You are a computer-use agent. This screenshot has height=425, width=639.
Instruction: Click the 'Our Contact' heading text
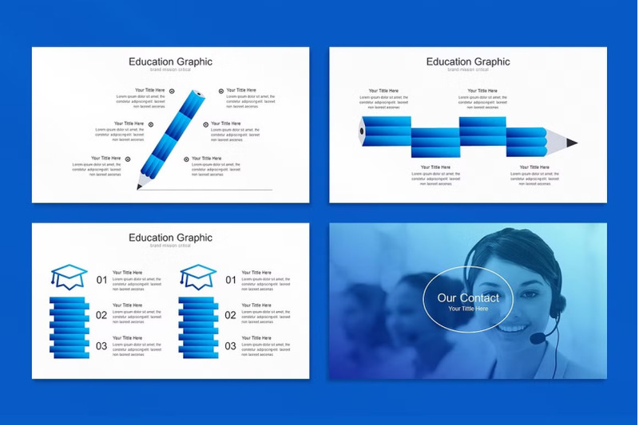(468, 297)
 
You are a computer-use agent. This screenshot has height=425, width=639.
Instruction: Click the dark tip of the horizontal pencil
(572, 143)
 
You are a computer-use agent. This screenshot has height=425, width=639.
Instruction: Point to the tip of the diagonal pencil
(139, 188)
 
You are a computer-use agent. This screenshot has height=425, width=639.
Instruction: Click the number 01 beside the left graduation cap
(101, 280)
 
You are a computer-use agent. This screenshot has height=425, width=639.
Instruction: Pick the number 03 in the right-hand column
(230, 346)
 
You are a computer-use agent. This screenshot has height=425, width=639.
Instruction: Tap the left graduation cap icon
(69, 277)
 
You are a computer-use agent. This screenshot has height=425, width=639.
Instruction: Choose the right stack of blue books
(198, 327)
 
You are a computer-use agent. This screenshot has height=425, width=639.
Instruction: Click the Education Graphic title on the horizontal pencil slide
(468, 61)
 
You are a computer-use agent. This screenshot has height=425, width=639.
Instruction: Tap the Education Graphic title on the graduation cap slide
(171, 238)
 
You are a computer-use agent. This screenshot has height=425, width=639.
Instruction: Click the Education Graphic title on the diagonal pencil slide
(171, 61)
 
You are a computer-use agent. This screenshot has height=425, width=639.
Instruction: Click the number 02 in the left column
(101, 315)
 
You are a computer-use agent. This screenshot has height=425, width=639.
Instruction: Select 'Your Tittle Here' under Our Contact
(468, 309)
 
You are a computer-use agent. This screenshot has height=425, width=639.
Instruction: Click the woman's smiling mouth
(514, 326)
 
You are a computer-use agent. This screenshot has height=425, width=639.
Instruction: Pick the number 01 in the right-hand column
(230, 280)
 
